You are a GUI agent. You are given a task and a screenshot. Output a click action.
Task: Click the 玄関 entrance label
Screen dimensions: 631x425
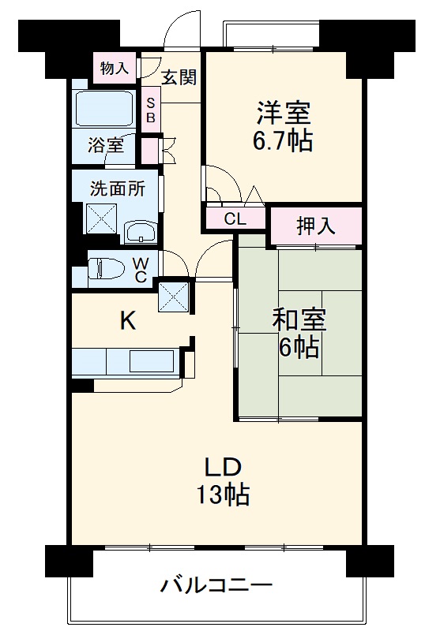179,77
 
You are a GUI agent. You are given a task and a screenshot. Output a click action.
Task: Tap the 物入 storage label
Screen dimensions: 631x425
114,68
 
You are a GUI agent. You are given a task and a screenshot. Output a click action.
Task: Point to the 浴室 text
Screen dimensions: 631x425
105,145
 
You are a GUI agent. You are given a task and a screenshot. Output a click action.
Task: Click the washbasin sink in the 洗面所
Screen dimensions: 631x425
141,231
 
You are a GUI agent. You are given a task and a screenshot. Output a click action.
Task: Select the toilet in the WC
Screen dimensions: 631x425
107,269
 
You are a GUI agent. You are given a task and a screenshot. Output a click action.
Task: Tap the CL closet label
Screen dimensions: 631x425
235,220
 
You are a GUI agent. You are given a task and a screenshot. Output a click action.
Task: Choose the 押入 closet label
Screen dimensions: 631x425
315,226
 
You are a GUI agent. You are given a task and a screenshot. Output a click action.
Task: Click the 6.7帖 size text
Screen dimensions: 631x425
282,141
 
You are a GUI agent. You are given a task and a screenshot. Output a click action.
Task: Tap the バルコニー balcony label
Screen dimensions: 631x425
216,585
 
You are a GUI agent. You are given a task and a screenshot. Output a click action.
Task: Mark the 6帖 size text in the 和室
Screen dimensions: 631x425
299,348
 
